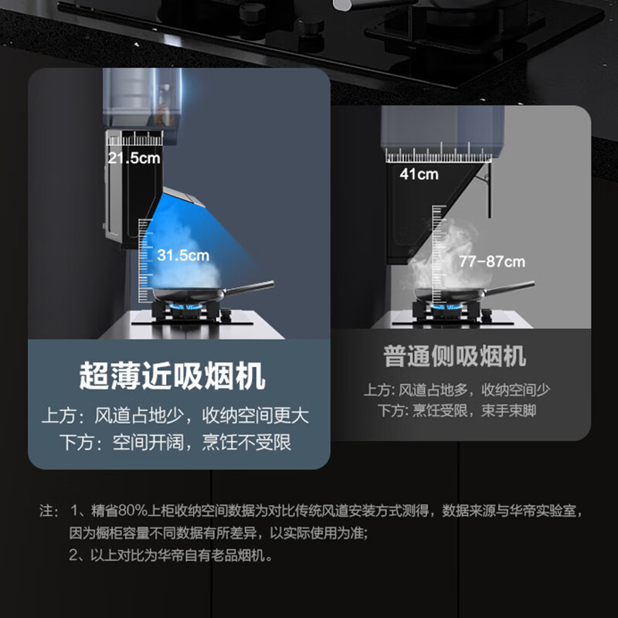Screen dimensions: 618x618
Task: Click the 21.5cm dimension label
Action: tap(134, 158)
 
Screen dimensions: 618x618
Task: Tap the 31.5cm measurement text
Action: tap(183, 255)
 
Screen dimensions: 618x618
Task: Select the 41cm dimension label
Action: tap(419, 174)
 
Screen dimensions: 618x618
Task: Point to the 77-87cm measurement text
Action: tap(492, 261)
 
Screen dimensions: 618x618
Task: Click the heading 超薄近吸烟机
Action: tap(172, 375)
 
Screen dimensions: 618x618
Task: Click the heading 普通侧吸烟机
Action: tap(455, 356)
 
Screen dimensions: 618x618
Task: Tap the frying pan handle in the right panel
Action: tap(509, 287)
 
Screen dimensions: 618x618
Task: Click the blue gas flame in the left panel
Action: tap(185, 306)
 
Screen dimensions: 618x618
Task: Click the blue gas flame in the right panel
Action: tap(447, 306)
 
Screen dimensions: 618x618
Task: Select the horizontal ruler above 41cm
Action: tap(439, 153)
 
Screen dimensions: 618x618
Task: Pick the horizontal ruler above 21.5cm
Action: tap(134, 138)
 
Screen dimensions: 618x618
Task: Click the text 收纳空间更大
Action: tap(256, 416)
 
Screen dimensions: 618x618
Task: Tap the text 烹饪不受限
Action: tap(246, 442)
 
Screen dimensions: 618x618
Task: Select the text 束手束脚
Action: tap(509, 411)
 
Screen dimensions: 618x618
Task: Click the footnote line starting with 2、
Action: tap(170, 555)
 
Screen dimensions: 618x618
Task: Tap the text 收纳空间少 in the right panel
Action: tap(515, 390)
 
